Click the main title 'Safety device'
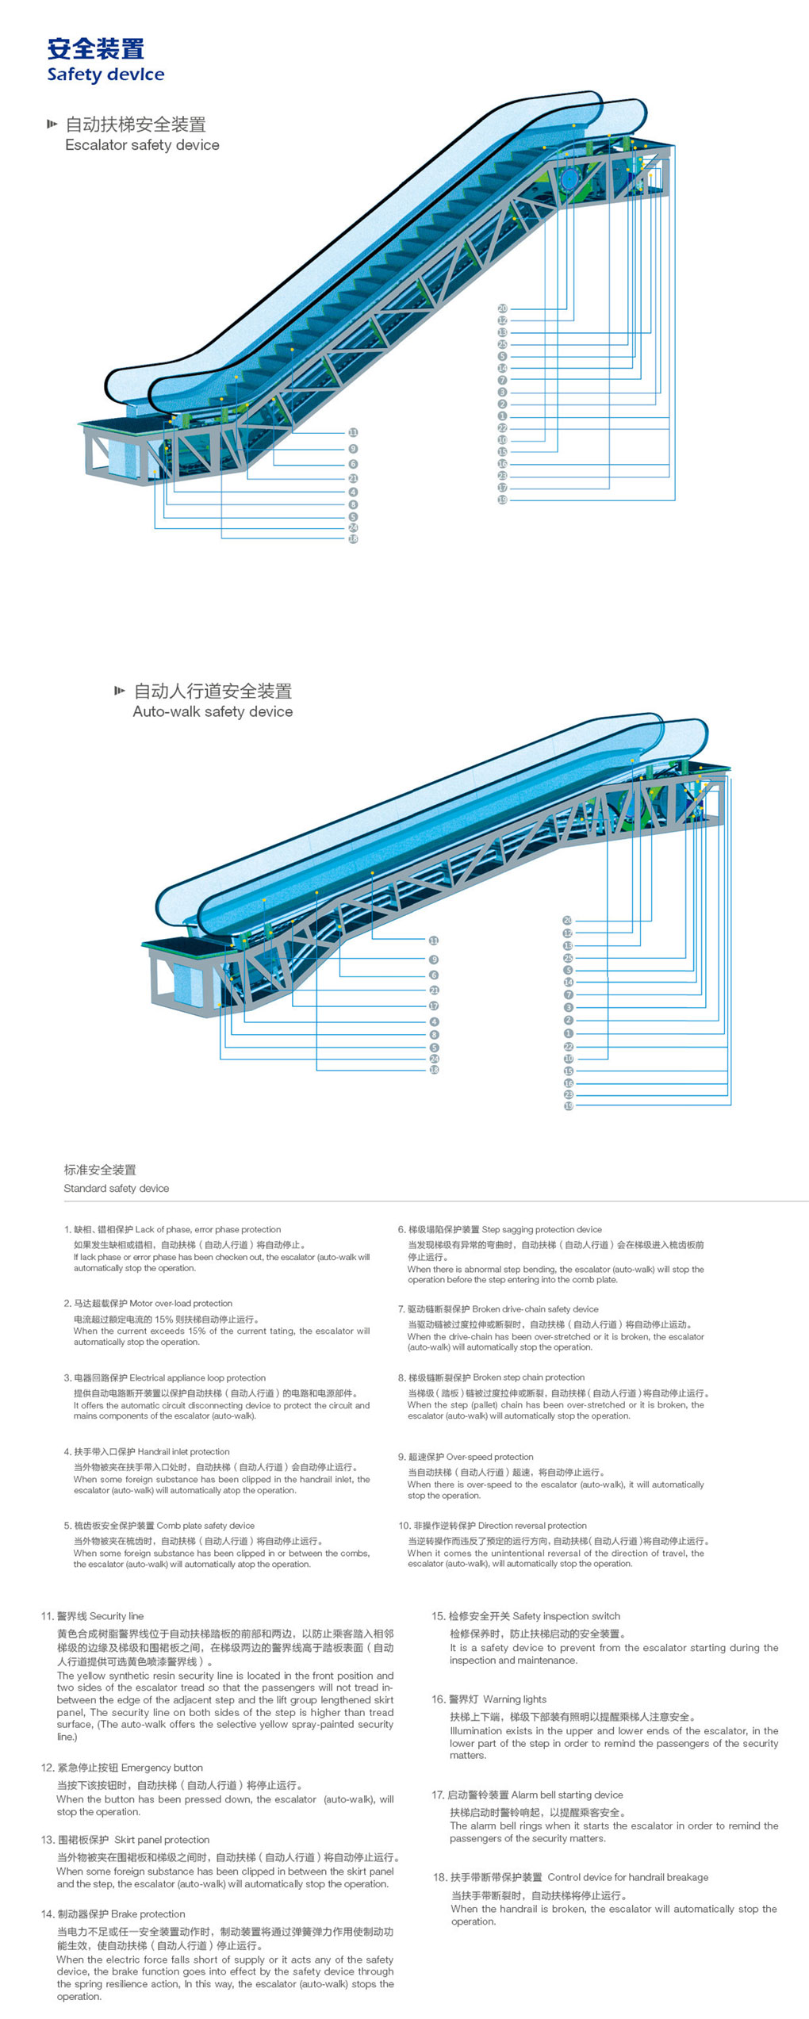105,75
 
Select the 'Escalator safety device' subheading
142,145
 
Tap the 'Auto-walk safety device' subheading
213,711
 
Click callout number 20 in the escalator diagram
502,308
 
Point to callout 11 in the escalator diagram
353,432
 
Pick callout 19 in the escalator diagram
502,500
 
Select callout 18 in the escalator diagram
353,538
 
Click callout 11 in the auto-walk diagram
433,941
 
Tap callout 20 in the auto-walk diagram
568,921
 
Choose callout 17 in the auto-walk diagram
433,1006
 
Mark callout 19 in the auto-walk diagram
568,1105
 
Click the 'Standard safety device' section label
116,1188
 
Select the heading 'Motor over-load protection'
181,1303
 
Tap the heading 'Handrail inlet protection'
183,1451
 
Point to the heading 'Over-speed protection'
489,1457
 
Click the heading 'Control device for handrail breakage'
627,1877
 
